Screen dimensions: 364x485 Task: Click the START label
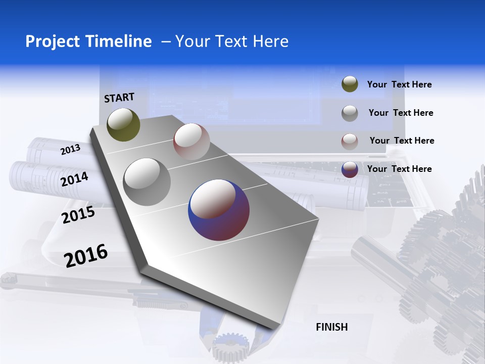[119, 98]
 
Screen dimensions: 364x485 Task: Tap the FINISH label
[332, 327]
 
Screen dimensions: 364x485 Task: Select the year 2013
[70, 149]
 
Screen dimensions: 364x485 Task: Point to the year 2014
[75, 179]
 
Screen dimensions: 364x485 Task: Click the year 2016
[86, 255]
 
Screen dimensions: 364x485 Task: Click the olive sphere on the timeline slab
[123, 124]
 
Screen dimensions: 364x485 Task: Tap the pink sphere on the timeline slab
[191, 141]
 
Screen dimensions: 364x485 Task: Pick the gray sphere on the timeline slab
[147, 181]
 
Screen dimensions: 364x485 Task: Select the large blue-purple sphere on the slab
[219, 209]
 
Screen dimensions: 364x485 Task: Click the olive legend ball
[350, 84]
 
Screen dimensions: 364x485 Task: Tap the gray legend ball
[350, 113]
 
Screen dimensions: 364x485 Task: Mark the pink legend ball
[350, 141]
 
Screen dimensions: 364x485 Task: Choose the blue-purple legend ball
[350, 169]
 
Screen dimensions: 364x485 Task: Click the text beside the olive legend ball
[399, 84]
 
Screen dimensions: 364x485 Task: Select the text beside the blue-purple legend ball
[399, 169]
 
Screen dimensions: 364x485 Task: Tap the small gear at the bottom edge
[231, 348]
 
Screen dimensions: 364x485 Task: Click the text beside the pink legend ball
[402, 141]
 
